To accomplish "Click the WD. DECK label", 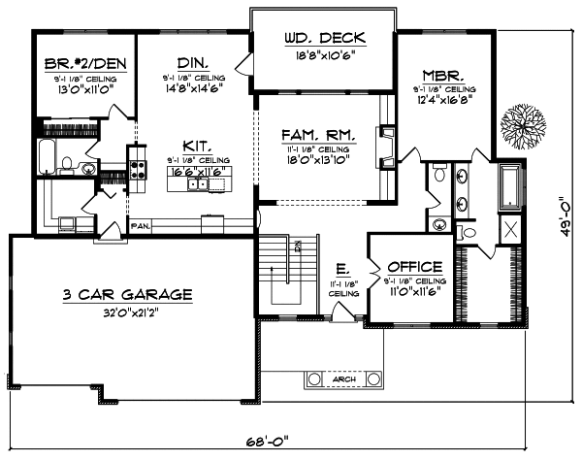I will click(x=323, y=39).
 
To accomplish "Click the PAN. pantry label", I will click(x=142, y=226).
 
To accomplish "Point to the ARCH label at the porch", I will click(x=343, y=379).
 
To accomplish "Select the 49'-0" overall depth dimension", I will click(x=561, y=224).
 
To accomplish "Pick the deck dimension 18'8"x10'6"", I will click(x=323, y=56).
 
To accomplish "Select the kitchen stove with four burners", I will click(x=137, y=171).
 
